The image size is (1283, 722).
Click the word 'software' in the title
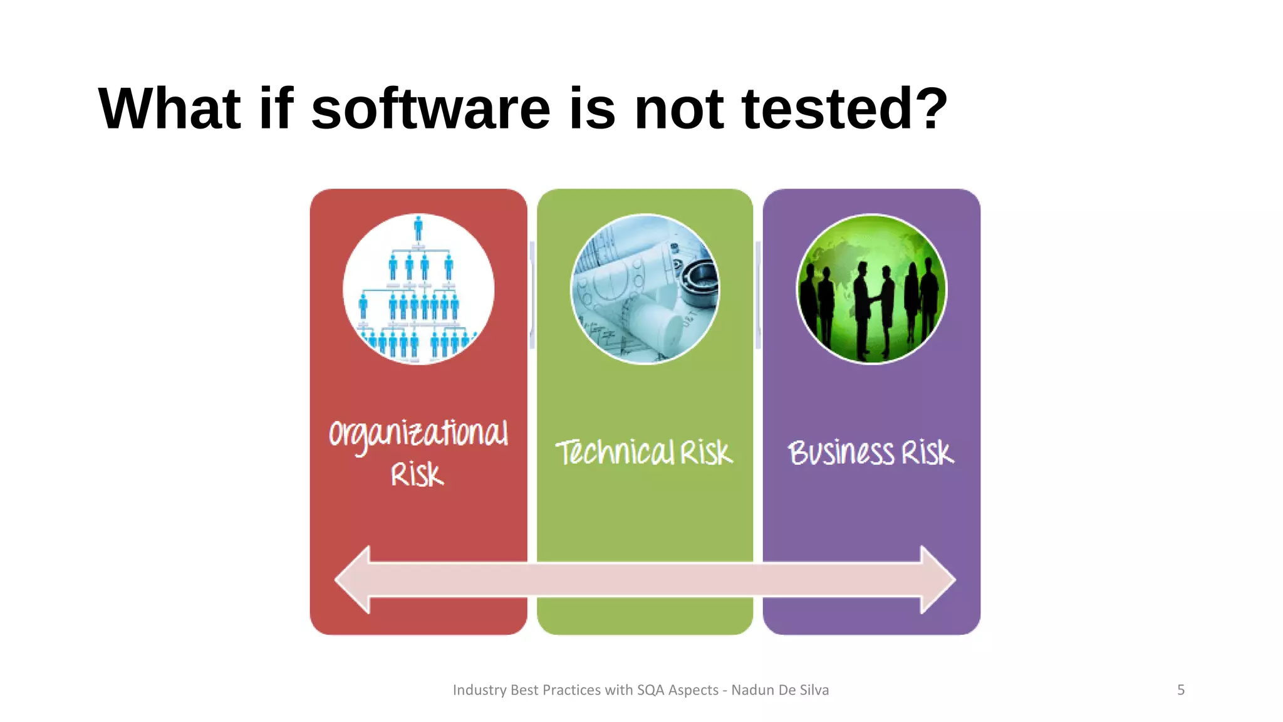click(430, 109)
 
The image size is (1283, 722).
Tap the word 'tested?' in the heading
click(844, 109)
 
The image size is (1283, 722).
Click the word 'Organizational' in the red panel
click(418, 434)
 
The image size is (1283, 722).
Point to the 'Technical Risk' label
click(644, 453)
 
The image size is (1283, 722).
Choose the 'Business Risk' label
click(871, 453)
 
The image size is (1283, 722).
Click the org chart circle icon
click(418, 289)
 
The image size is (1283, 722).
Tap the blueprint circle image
click(645, 289)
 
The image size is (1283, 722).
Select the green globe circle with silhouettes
click(871, 289)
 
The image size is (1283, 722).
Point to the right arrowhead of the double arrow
click(938, 579)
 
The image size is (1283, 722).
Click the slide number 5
click(1181, 690)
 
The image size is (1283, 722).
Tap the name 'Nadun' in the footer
click(752, 690)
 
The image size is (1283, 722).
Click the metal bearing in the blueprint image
click(700, 280)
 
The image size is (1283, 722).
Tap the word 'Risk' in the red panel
click(417, 474)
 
